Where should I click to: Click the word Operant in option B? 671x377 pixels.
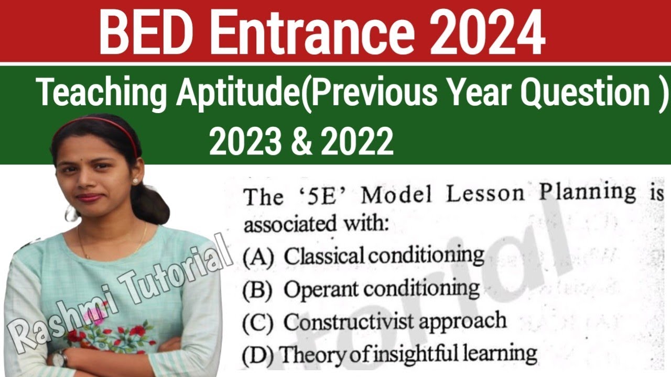[x=321, y=289]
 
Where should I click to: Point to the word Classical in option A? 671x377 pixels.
[x=324, y=256]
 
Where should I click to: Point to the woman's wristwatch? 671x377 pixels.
[x=59, y=358]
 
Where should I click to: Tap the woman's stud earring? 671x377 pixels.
[x=135, y=181]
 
